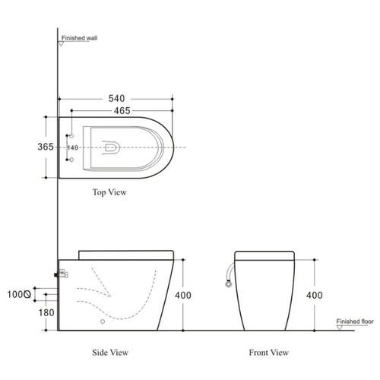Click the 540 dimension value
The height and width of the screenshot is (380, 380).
[116, 98]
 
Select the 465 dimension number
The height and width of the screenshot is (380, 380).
[122, 111]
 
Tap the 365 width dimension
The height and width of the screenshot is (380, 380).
[46, 147]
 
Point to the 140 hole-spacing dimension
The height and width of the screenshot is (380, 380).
[73, 147]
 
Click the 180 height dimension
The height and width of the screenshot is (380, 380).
[46, 312]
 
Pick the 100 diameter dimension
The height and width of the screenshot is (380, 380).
[19, 294]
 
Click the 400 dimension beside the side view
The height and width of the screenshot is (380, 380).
[183, 295]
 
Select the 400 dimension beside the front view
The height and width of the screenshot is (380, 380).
[315, 295]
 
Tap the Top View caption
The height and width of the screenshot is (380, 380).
[109, 192]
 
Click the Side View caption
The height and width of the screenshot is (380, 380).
[110, 353]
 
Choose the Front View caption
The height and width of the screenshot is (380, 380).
[269, 353]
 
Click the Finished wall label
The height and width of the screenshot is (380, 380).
[79, 38]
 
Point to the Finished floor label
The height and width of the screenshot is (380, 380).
[355, 321]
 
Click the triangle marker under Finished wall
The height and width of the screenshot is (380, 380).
[61, 44]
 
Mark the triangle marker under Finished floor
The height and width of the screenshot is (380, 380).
[340, 328]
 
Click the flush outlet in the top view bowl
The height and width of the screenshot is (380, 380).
[111, 147]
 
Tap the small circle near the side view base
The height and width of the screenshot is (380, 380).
[103, 321]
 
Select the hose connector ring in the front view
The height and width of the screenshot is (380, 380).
[229, 284]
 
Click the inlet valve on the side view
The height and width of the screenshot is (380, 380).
[62, 274]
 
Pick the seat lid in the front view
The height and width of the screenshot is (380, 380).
[264, 255]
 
